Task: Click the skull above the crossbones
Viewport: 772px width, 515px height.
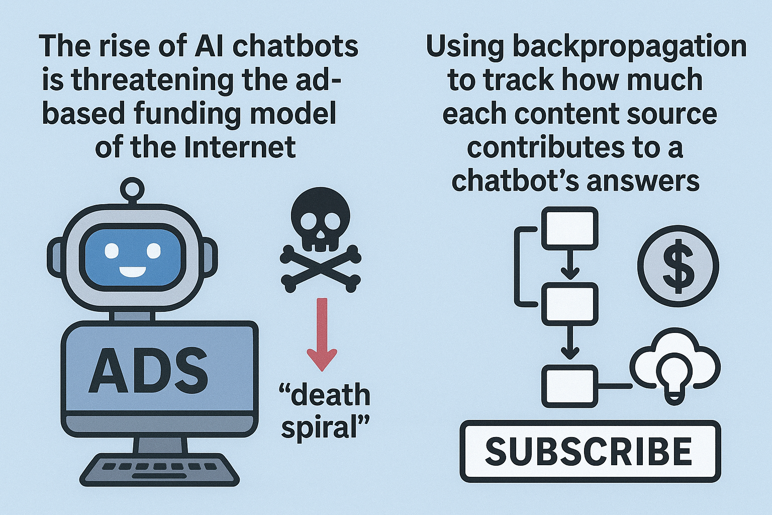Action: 315,221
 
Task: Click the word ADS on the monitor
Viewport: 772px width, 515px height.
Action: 148,371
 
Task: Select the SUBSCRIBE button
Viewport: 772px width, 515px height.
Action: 590,451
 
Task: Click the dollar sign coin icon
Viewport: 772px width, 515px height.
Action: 678,266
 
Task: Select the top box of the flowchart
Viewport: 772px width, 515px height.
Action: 569,228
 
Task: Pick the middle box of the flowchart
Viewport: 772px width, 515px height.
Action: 569,304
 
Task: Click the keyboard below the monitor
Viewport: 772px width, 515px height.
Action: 159,470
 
